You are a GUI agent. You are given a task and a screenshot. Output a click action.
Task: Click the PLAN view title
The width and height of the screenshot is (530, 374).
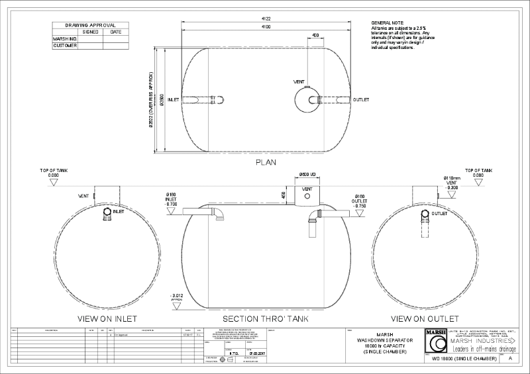265,162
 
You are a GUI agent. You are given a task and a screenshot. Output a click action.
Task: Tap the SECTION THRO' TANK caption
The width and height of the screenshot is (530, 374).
264,318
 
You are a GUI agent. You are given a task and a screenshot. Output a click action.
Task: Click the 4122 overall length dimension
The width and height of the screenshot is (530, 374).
265,19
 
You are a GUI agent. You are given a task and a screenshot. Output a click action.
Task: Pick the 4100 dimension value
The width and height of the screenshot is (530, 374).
265,27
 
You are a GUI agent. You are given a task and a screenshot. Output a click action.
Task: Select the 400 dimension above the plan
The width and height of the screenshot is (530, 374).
315,35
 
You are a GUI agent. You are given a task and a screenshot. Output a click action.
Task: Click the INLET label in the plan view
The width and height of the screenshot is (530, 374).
174,99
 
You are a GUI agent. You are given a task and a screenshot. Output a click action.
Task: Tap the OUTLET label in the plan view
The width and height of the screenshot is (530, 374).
361,99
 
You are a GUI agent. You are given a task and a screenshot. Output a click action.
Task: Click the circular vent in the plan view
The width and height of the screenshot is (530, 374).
307,99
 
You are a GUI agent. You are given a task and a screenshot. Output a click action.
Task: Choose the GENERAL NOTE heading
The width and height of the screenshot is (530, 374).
387,22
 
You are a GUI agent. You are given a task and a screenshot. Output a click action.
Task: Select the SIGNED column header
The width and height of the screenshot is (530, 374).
90,31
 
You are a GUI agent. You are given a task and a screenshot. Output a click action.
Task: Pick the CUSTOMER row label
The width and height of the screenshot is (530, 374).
65,46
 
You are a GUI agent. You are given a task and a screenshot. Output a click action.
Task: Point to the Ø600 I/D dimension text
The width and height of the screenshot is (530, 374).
307,174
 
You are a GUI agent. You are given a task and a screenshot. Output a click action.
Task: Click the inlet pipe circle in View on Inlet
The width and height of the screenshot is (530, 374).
107,213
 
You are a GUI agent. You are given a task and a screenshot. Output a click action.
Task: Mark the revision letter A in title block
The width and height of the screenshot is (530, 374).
510,357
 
